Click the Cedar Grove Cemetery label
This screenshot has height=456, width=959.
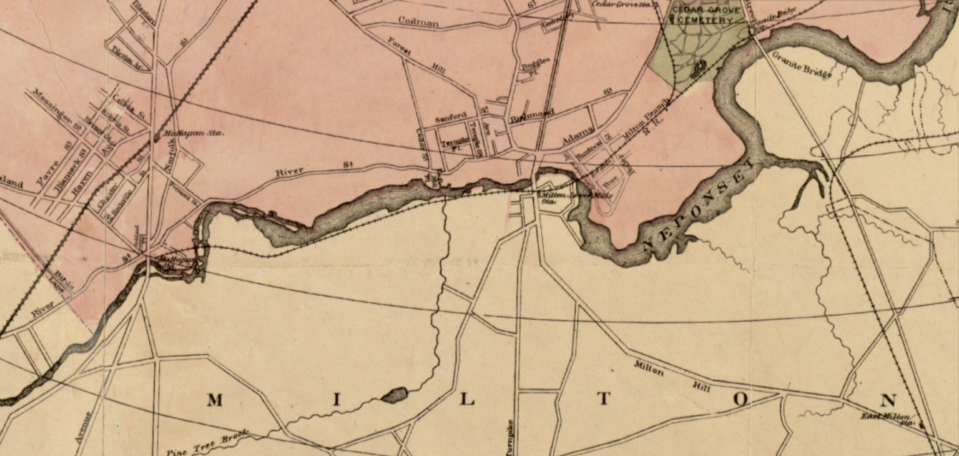coord(708,15)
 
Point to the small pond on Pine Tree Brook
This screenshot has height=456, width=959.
coord(394,395)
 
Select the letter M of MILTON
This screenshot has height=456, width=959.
coord(214,400)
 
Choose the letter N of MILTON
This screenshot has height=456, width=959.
coord(888,400)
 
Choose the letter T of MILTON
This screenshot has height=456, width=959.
coord(603,400)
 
